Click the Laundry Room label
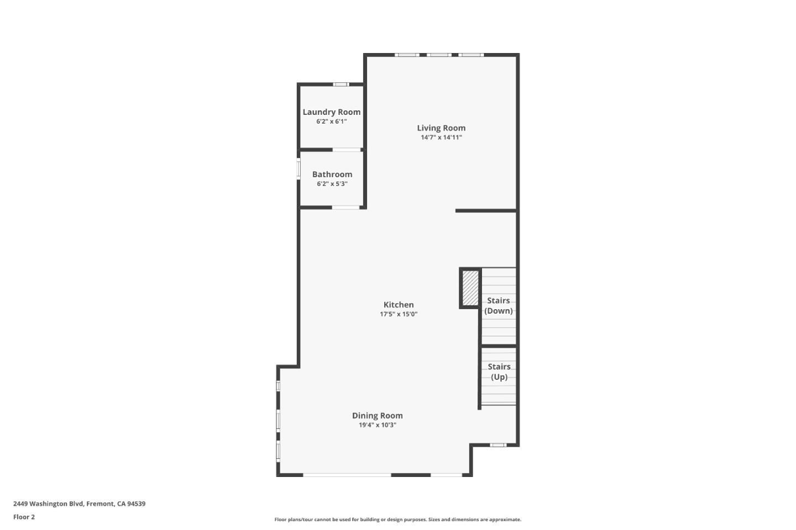(331, 112)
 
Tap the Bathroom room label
(332, 174)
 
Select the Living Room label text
(441, 128)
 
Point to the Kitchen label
(398, 305)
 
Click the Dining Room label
(377, 416)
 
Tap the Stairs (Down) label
(498, 306)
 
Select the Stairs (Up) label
(499, 372)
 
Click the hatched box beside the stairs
(470, 287)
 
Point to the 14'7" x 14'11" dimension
(441, 137)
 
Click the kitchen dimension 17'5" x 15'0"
(398, 314)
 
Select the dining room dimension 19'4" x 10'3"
(377, 425)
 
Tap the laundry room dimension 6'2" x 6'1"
(331, 121)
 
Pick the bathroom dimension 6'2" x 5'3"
(332, 184)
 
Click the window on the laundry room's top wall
(341, 84)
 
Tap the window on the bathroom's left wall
(298, 168)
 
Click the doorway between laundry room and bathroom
(347, 150)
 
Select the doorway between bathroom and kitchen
(346, 208)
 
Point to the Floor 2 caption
(24, 517)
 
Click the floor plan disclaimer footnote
(397, 520)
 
